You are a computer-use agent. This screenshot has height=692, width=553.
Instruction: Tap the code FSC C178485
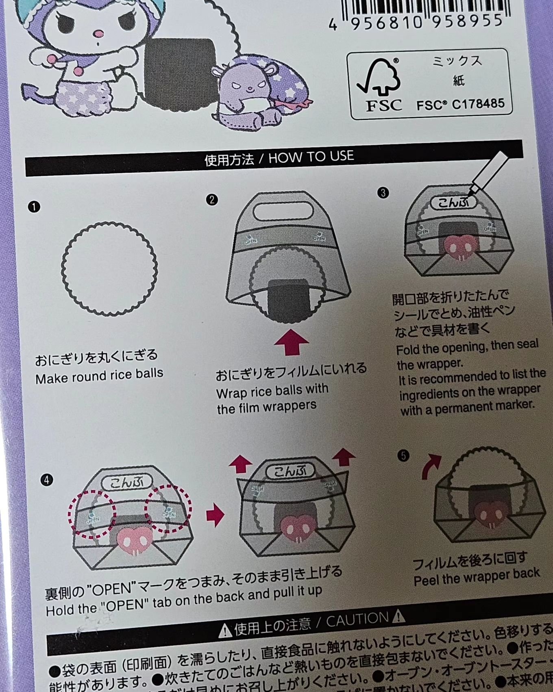click(460, 105)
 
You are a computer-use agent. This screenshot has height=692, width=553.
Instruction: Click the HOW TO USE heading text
click(311, 157)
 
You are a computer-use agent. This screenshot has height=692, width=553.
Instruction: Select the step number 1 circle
click(34, 207)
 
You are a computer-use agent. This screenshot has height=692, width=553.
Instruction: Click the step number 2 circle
click(211, 200)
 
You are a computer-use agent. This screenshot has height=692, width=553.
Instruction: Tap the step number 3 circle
click(383, 193)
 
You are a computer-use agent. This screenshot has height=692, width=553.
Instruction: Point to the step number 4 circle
click(47, 480)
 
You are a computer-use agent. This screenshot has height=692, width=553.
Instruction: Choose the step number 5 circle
click(403, 455)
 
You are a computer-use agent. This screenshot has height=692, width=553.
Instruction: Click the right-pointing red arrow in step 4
click(216, 515)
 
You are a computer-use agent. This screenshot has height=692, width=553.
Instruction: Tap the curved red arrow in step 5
click(431, 466)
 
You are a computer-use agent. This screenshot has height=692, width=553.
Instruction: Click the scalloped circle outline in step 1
click(109, 269)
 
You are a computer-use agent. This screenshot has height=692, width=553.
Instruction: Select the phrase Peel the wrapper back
click(476, 576)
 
